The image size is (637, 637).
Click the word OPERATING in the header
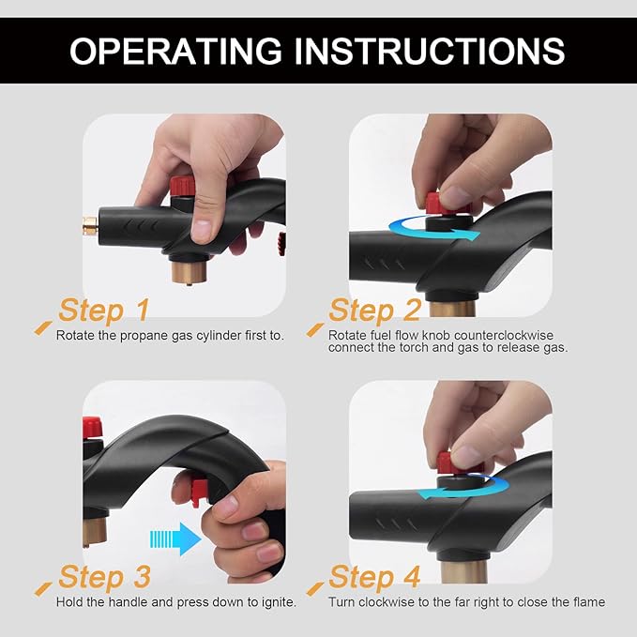[175, 51]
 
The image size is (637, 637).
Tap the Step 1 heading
[104, 311]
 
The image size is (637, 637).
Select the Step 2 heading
[374, 311]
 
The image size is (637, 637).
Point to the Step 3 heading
[104, 577]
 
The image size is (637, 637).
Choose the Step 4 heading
[374, 577]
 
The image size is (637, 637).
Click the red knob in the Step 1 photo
[182, 186]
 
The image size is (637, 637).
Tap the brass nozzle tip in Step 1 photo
[91, 226]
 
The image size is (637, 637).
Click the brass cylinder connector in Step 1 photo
[190, 270]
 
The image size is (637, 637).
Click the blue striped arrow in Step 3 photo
[175, 539]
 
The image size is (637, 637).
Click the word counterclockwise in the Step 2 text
[504, 336]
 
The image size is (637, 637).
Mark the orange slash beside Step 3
[43, 588]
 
